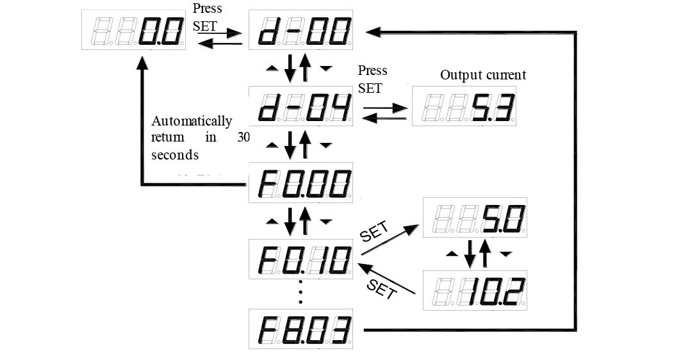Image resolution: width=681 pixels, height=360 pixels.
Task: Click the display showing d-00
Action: (x=300, y=30)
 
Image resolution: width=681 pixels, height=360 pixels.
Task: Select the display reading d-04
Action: (x=300, y=106)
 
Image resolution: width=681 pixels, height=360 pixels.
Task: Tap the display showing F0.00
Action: (x=300, y=183)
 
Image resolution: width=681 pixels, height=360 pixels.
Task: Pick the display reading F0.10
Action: (x=300, y=259)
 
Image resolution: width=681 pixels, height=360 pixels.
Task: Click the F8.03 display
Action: (x=300, y=329)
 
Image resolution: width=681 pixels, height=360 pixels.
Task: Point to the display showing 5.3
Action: (x=464, y=106)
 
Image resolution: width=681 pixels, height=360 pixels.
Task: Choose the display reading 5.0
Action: (x=475, y=217)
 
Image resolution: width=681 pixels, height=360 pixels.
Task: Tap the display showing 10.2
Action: (x=475, y=290)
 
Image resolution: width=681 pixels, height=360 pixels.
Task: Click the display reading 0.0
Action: (x=134, y=30)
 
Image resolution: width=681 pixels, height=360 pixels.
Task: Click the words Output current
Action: (x=483, y=75)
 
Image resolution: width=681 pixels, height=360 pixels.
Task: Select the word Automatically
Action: (x=192, y=121)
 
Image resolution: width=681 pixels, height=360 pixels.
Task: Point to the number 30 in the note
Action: (x=243, y=137)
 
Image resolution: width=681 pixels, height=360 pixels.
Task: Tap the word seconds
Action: (x=175, y=155)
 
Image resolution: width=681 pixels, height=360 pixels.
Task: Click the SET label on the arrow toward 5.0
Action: (x=374, y=232)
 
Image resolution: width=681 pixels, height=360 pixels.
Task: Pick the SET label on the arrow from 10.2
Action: (x=382, y=289)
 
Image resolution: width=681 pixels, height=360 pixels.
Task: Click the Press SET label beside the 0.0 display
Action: (x=208, y=17)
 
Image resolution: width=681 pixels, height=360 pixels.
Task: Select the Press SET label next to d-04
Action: (x=372, y=79)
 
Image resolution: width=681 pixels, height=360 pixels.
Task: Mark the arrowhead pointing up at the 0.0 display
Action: (x=142, y=63)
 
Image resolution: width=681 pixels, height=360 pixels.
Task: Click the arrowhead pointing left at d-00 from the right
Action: (x=373, y=32)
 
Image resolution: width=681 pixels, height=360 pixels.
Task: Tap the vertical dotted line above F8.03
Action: (x=300, y=291)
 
